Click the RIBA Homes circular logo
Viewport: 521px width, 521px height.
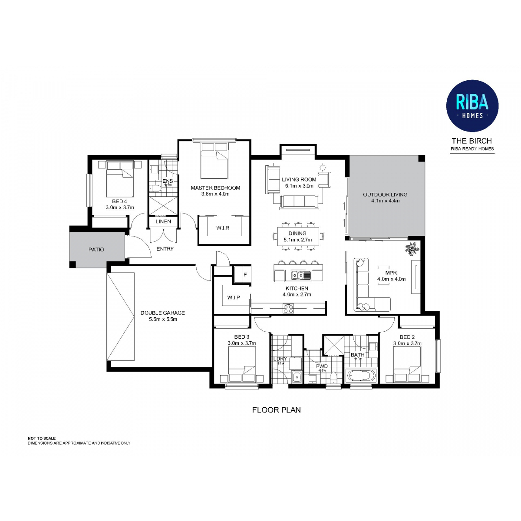coord(472,106)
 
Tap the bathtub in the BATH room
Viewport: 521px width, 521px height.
coord(361,376)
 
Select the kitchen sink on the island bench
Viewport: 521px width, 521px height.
coord(300,275)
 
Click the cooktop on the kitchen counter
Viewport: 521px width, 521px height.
coord(288,308)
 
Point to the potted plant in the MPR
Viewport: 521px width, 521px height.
coord(412,249)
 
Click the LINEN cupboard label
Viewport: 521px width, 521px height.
coord(163,221)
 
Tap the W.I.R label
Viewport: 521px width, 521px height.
coord(223,228)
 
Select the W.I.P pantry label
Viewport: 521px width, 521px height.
coord(233,297)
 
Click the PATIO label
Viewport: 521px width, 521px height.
coord(96,249)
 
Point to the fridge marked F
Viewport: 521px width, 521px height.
coord(243,275)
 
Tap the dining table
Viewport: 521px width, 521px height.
coord(298,236)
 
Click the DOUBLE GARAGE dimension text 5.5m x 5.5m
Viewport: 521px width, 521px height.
coord(163,319)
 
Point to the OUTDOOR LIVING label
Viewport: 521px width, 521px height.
coord(385,195)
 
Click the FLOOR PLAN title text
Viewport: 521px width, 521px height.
coord(276,410)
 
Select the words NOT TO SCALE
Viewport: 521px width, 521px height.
coord(42,438)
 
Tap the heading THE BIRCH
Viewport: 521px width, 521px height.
coord(472,141)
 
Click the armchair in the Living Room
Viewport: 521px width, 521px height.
coord(324,179)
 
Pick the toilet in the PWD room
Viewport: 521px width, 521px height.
coord(334,377)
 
